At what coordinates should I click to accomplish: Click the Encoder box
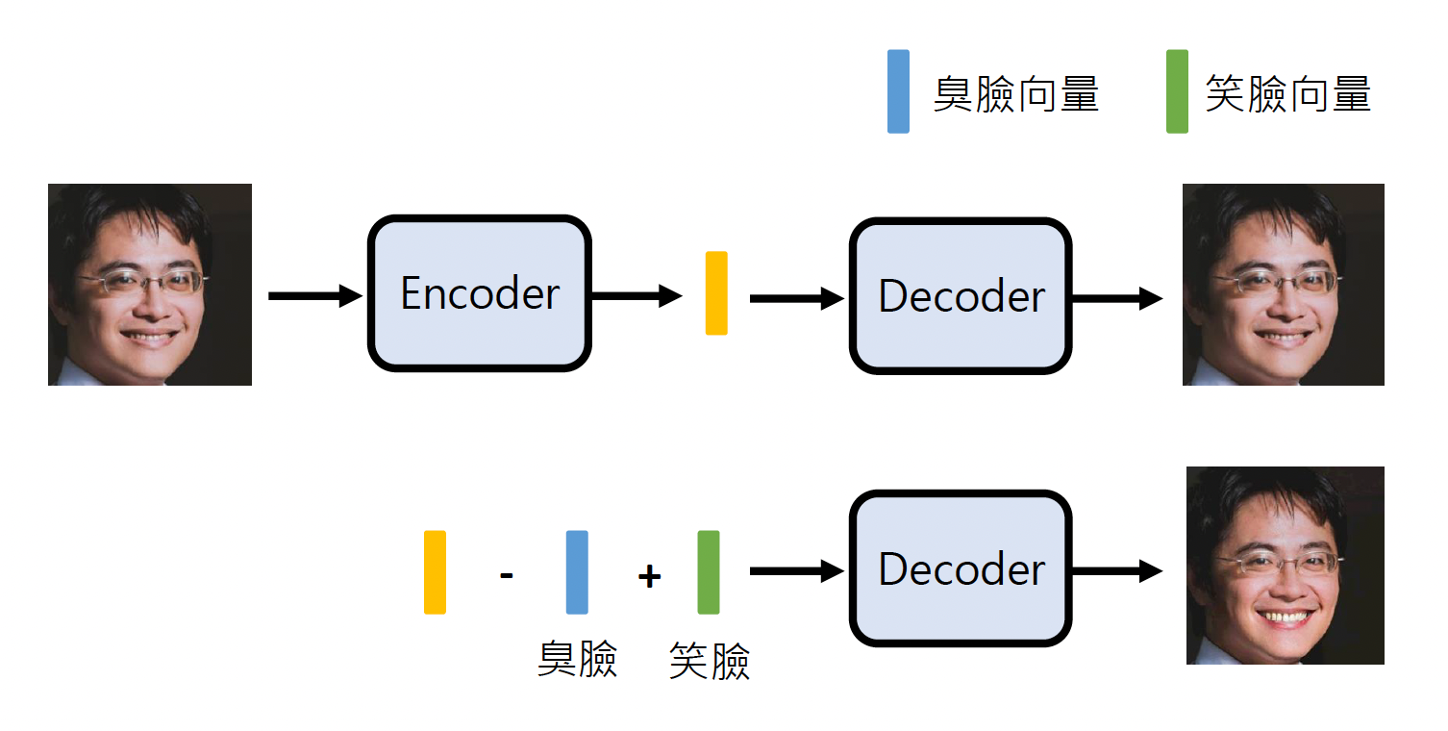point(479,293)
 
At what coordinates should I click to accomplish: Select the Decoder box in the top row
point(960,296)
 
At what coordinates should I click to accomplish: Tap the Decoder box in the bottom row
point(960,569)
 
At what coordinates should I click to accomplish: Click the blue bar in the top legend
point(898,91)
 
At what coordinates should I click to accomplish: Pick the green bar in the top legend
point(1176,91)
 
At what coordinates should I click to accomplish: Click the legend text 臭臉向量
point(1016,94)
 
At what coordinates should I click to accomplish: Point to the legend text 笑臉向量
point(1287,94)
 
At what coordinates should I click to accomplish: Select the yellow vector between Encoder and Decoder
point(716,293)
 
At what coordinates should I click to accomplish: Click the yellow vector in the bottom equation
point(435,571)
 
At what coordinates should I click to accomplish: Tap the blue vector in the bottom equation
point(577,571)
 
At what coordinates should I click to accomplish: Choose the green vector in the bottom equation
point(709,571)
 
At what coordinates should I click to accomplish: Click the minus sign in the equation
point(507,576)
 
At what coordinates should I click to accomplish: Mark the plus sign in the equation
point(649,576)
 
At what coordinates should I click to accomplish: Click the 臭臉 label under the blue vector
point(577,659)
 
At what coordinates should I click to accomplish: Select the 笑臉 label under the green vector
point(710,661)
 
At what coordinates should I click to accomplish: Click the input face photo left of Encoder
point(150,285)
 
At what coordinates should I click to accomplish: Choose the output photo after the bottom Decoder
point(1285,566)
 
